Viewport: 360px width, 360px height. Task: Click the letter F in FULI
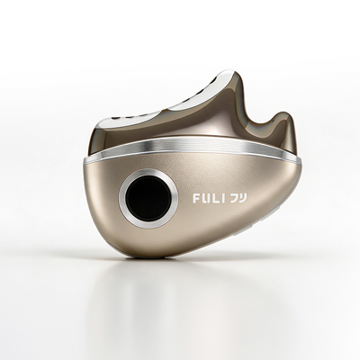click(196, 199)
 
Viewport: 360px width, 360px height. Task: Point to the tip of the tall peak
click(230, 71)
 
